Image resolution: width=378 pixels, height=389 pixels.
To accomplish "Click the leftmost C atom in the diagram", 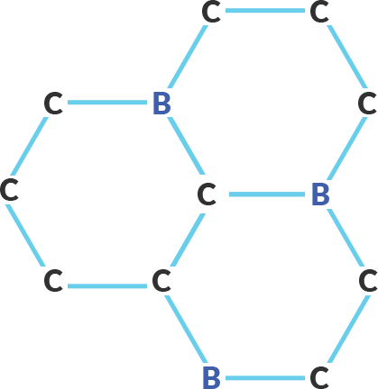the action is [9, 189].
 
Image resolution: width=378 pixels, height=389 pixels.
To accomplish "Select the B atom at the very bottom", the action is [211, 377].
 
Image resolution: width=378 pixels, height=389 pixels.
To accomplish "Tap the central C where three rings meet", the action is [207, 194].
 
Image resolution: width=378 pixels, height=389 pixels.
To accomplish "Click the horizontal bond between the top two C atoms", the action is [265, 11].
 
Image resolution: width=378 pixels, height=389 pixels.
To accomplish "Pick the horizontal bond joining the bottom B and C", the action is [265, 378].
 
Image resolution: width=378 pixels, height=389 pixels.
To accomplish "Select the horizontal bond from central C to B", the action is [267, 194].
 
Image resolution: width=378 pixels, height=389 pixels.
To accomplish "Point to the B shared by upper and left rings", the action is [161, 104].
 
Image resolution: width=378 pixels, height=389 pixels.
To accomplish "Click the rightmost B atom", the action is [320, 194].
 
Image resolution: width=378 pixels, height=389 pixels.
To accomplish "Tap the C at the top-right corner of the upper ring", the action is [319, 12].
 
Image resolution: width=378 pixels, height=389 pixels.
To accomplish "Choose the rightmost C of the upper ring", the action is [367, 104].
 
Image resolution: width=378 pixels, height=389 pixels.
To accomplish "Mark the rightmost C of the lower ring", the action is [368, 281].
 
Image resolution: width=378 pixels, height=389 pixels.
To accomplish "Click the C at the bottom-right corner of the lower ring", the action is [319, 377].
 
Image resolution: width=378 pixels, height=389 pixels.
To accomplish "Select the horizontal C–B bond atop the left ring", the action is [107, 103].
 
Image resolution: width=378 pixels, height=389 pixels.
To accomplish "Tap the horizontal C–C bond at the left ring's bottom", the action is [107, 286].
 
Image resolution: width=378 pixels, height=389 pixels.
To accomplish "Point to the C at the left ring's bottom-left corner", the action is [53, 281].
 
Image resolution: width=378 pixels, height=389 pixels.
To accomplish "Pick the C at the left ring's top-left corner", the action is [53, 104].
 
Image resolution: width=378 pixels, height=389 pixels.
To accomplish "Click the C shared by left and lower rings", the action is [161, 281].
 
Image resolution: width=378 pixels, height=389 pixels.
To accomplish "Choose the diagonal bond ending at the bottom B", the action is [186, 329].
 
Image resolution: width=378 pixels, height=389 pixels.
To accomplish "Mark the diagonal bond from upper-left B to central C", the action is [187, 146].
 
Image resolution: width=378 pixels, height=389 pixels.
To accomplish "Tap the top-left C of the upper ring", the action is [211, 12].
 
